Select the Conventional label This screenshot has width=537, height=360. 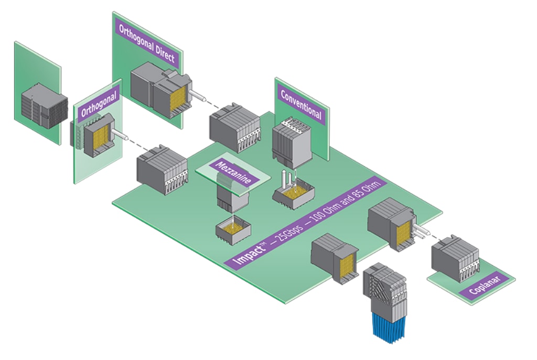(301, 104)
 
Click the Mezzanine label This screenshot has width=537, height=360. (234, 171)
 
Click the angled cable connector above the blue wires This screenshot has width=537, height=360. (385, 286)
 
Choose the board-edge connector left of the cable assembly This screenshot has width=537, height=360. (334, 257)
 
